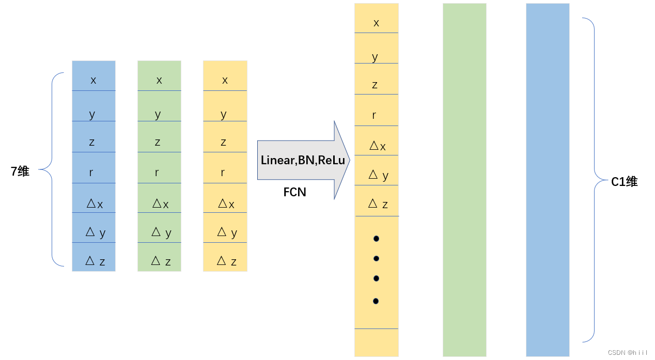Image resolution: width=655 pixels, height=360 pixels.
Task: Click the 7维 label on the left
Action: click(20, 171)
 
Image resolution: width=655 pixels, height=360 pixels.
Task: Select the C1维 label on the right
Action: click(625, 182)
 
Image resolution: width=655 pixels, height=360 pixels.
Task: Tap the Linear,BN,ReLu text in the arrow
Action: click(303, 160)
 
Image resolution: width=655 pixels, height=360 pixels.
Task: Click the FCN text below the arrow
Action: click(295, 192)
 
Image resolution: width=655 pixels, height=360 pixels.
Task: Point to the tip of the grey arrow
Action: click(349, 160)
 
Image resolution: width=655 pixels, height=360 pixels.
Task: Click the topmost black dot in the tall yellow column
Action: click(376, 239)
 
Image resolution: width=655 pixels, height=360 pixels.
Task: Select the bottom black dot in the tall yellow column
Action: click(376, 301)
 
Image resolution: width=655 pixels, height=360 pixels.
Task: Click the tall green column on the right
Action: click(464, 180)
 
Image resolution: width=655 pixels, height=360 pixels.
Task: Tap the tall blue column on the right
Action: click(548, 180)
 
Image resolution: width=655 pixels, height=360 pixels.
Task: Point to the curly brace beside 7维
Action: click(52, 169)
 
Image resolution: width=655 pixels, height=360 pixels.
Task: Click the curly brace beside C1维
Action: click(594, 180)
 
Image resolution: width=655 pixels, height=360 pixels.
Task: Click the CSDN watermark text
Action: click(627, 353)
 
